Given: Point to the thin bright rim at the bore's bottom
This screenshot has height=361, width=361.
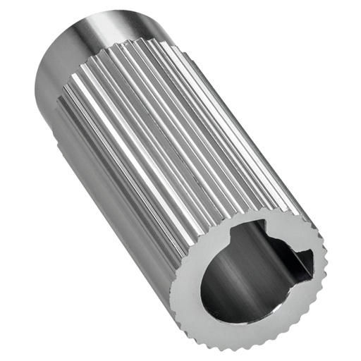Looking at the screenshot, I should (233, 310).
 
